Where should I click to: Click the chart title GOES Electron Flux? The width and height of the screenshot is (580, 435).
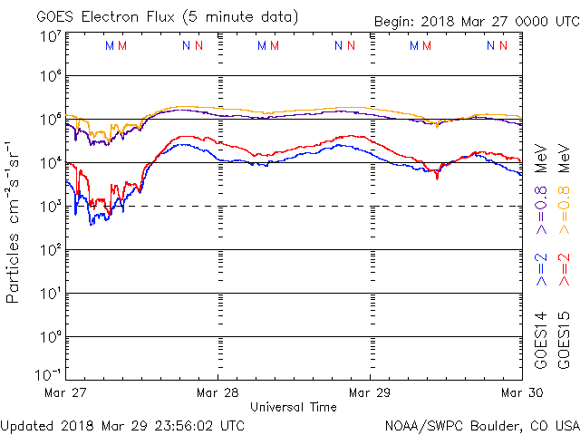point(153,15)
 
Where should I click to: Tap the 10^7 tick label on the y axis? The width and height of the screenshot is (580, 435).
point(51,36)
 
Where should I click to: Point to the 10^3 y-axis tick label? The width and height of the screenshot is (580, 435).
point(51,206)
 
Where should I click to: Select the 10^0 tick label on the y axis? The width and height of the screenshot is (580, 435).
point(51,336)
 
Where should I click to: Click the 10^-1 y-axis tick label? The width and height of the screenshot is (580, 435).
point(49,374)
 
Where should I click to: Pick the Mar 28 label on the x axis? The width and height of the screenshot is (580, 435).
point(217,393)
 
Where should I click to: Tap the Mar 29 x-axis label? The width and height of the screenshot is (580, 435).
point(370,393)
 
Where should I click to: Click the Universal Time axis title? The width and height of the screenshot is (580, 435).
point(294,407)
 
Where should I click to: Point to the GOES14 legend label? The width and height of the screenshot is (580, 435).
point(541,339)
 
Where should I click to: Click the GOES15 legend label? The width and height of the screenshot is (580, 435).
point(565,339)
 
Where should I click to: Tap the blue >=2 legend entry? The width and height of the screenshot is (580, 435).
point(541,269)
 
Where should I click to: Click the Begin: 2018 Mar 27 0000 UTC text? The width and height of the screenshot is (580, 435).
point(476,23)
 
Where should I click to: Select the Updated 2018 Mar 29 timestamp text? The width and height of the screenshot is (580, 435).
point(122,424)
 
